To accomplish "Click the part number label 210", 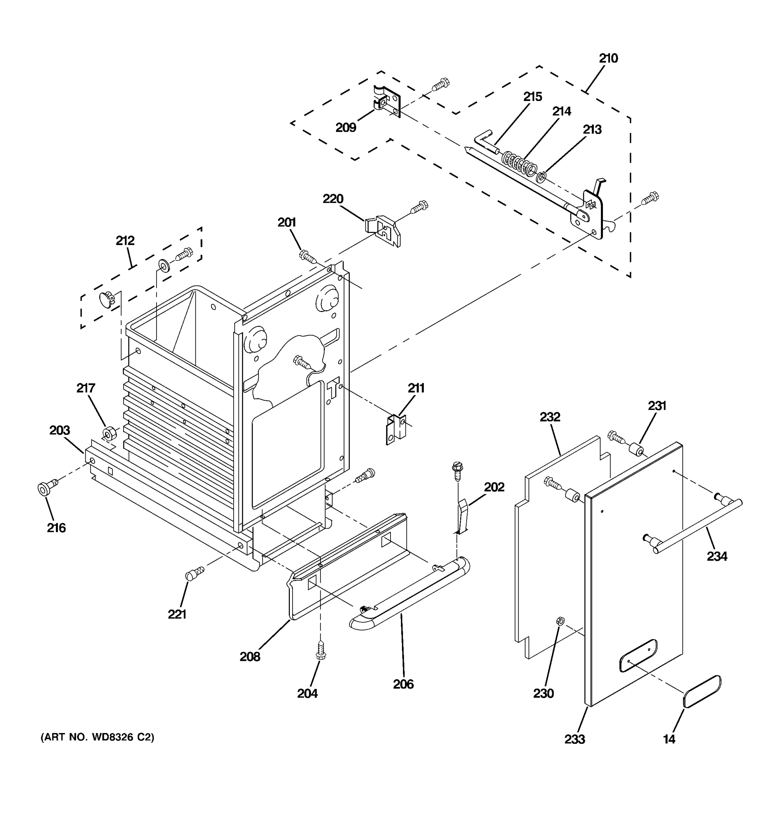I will pos(608,58).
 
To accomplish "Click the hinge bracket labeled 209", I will pos(387,102).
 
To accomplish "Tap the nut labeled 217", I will pos(109,433).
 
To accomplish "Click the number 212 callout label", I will pos(125,241).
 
